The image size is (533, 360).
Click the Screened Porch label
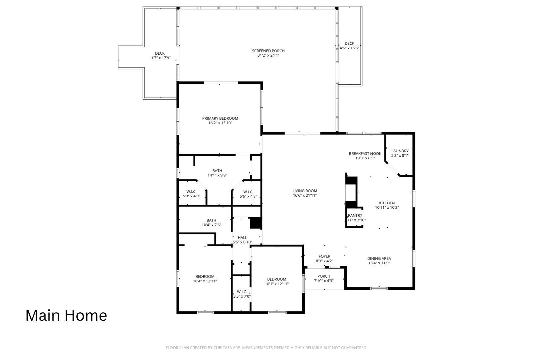(268, 51)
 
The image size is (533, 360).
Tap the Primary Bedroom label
(220, 118)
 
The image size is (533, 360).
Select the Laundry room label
(400, 151)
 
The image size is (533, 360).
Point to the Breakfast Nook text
(365, 154)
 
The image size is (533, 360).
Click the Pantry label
(355, 216)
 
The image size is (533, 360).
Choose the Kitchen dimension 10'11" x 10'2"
(387, 207)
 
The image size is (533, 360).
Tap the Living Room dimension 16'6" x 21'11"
(305, 196)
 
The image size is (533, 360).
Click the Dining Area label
(379, 258)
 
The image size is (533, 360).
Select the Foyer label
(324, 256)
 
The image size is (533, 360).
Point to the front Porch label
(324, 276)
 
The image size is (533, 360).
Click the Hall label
(242, 238)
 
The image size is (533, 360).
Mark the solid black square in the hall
(256, 223)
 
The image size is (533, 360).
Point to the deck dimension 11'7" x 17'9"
(160, 58)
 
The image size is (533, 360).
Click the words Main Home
(66, 315)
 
